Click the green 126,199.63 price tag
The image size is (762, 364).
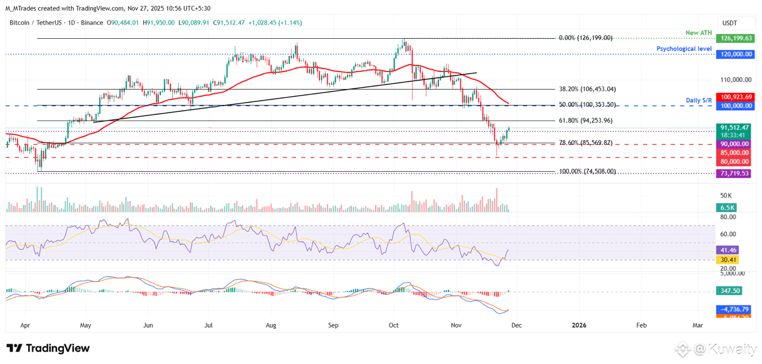point(734,38)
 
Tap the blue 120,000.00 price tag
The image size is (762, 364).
point(734,53)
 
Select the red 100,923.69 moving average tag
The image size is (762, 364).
point(734,97)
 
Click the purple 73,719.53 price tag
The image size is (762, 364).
point(734,174)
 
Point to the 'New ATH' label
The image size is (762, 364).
point(699,32)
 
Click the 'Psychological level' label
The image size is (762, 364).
point(684,49)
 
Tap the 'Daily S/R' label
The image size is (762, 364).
point(699,101)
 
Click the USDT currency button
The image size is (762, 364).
point(730,23)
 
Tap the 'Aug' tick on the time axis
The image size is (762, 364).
point(270,324)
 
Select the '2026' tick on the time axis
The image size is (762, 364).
point(579,324)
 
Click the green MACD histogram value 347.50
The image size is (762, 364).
point(729,291)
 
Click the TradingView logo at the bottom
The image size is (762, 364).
point(48,348)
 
